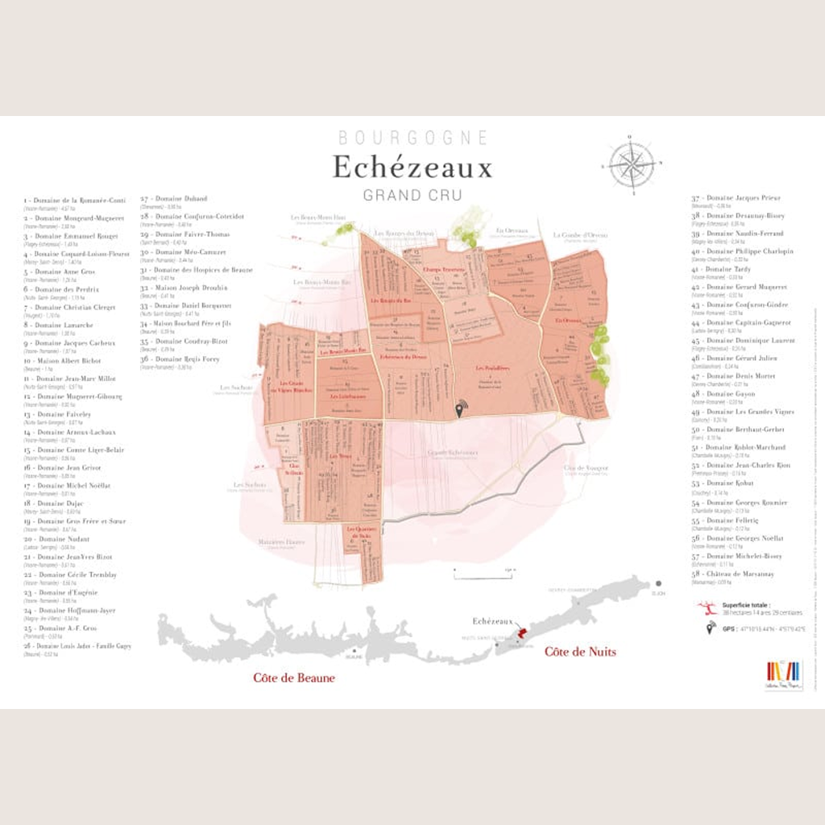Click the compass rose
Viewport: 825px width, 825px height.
632,165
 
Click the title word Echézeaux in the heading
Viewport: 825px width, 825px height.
412,168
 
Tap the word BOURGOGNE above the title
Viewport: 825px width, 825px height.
412,138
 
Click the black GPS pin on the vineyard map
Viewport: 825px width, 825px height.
460,410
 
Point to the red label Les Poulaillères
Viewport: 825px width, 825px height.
492,369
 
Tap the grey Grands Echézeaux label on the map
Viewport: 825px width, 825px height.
453,453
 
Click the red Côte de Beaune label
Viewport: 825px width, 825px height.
293,678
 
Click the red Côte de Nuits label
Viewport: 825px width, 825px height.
580,651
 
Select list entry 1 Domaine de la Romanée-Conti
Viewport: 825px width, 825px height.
74,200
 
